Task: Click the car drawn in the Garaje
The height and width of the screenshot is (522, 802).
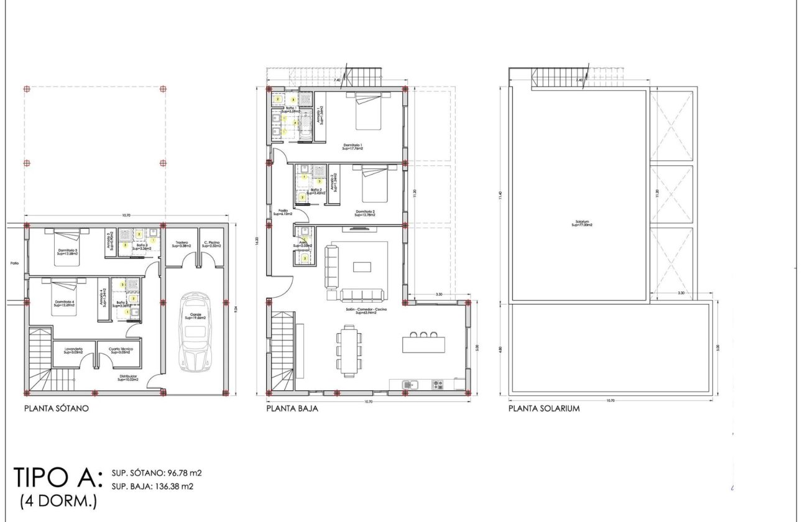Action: point(195,331)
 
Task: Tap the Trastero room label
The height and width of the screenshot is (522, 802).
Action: point(182,244)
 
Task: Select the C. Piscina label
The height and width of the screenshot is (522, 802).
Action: point(211,244)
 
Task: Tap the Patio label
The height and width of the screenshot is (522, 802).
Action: point(14,263)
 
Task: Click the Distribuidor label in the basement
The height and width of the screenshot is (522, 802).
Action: point(128,377)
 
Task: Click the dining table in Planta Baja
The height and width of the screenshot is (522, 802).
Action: point(349,350)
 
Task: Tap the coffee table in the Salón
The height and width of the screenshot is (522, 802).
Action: point(362,267)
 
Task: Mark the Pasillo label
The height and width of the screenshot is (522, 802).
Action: point(282,213)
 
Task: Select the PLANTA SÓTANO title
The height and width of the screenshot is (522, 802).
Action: point(57,409)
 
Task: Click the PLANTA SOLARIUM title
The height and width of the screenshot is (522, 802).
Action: point(544,409)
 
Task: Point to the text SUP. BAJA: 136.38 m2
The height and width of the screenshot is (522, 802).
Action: point(153,486)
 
